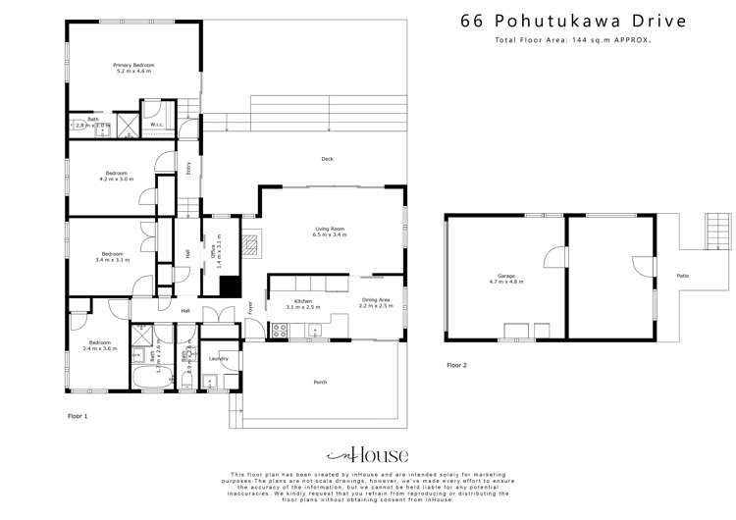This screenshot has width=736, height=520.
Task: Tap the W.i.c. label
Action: tap(156, 125)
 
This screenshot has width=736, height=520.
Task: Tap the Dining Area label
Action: tap(377, 303)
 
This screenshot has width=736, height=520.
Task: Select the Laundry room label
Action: tap(219, 358)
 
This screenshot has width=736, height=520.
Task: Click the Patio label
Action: tap(682, 276)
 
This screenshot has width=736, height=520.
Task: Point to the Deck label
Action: tap(327, 159)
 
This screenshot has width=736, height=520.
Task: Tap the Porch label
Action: tap(320, 382)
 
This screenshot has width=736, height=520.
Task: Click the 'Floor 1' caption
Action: tap(77, 416)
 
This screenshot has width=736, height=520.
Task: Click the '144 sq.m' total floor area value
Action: tap(588, 41)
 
